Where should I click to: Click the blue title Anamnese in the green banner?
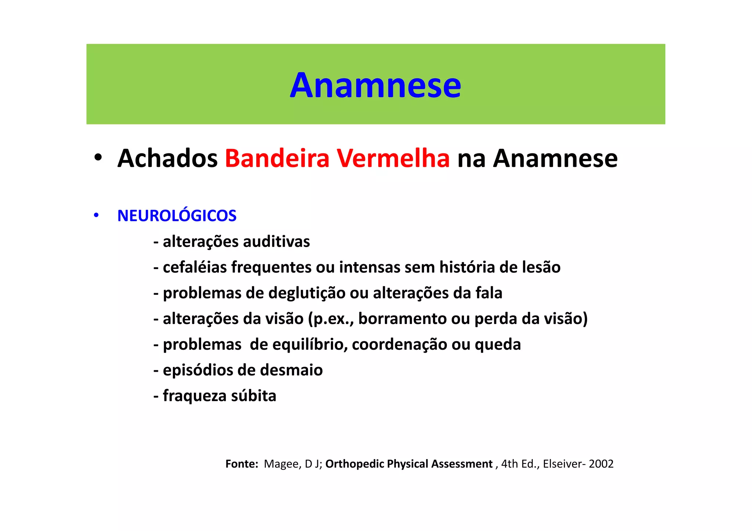click(x=375, y=85)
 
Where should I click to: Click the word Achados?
click(x=167, y=159)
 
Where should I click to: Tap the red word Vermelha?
click(x=393, y=159)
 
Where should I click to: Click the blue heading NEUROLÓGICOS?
click(x=177, y=216)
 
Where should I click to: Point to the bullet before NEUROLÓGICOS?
click(x=96, y=215)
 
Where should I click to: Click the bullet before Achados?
click(x=98, y=158)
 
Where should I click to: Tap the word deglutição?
click(x=307, y=293)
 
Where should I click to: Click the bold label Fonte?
click(x=242, y=464)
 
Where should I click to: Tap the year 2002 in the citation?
click(x=601, y=464)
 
